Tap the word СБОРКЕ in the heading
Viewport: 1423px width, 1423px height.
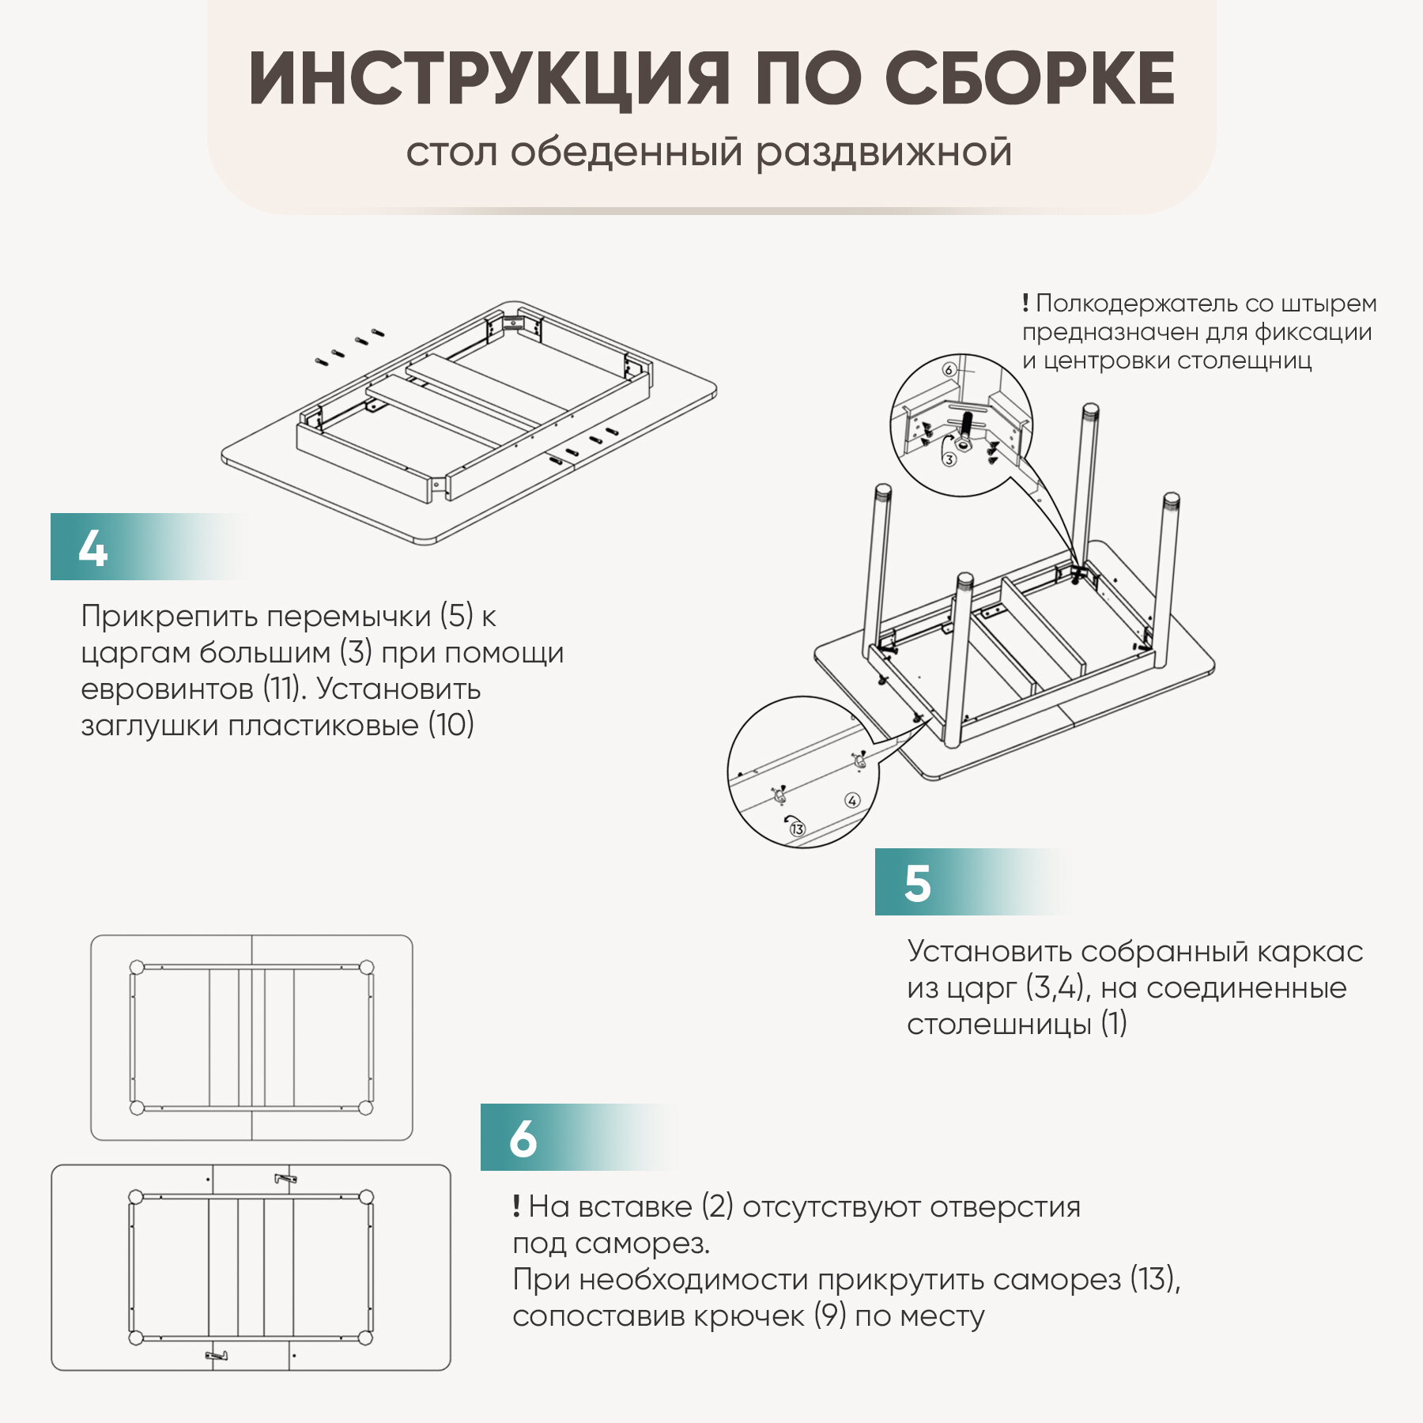[1029, 79]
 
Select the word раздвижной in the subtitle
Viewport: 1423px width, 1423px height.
[884, 152]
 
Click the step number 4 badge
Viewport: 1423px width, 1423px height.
[93, 548]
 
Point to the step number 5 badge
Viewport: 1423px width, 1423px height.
[917, 883]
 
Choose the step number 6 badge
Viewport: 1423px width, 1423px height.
[523, 1139]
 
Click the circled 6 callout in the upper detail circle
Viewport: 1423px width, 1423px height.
[949, 370]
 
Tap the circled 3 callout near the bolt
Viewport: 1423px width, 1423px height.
[949, 459]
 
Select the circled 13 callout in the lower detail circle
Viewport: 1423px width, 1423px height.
[797, 829]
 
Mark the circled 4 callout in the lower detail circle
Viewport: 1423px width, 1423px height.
[852, 800]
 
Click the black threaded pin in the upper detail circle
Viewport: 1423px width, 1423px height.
[966, 428]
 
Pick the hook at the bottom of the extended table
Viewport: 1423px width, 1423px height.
[217, 1356]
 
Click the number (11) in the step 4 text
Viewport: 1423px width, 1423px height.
[281, 689]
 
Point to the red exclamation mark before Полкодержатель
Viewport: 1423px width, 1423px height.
[1025, 303]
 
